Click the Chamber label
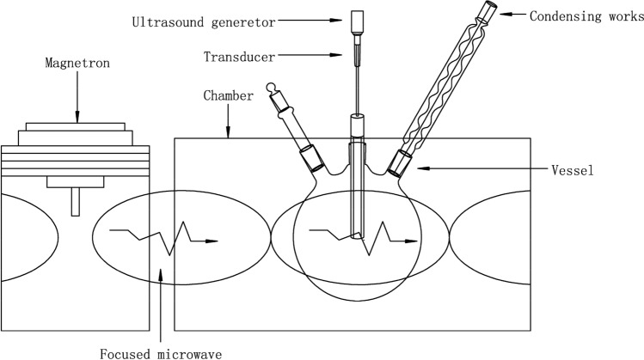point(227,95)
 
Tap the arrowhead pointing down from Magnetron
point(77,117)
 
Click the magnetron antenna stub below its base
point(76,203)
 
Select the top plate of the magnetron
point(77,126)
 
